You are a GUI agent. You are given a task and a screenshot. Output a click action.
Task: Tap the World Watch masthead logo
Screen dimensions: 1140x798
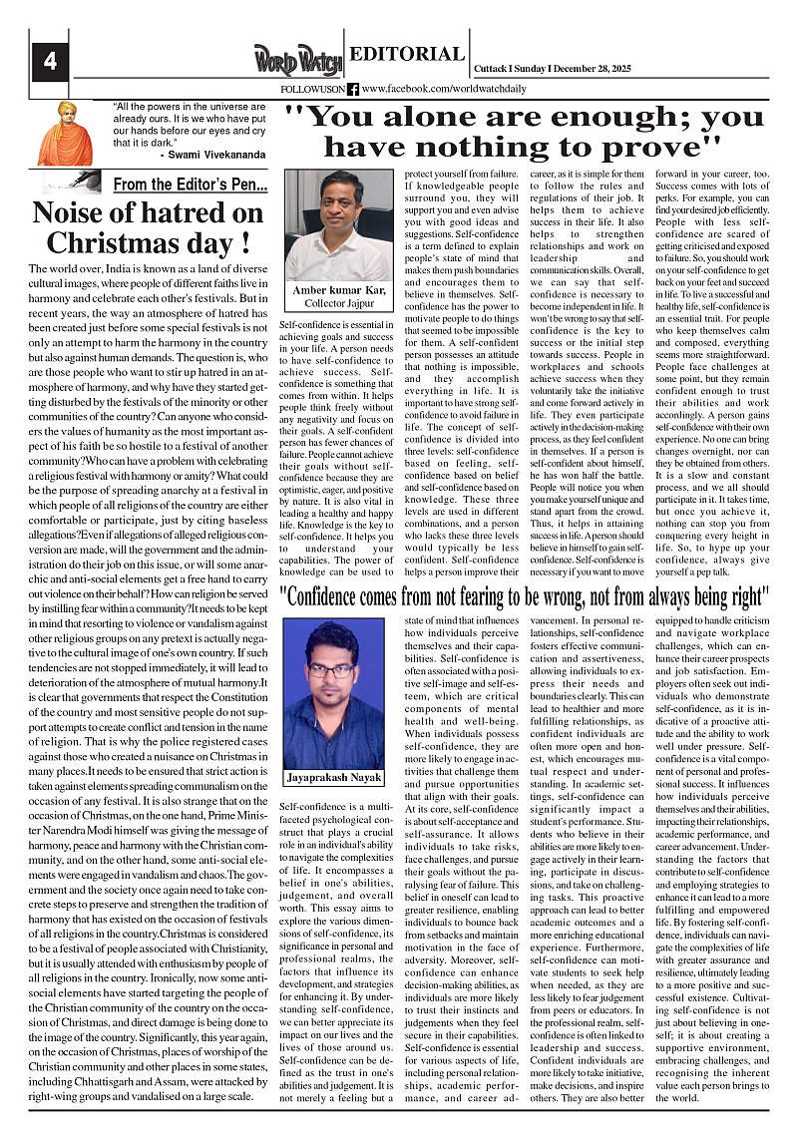click(x=297, y=60)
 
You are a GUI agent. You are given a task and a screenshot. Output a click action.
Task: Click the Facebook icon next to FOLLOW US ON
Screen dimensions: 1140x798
click(x=353, y=89)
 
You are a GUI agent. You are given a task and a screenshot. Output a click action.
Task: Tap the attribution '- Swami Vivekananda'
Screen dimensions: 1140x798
click(x=212, y=156)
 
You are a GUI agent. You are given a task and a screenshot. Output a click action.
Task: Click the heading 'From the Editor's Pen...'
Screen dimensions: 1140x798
click(x=191, y=185)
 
